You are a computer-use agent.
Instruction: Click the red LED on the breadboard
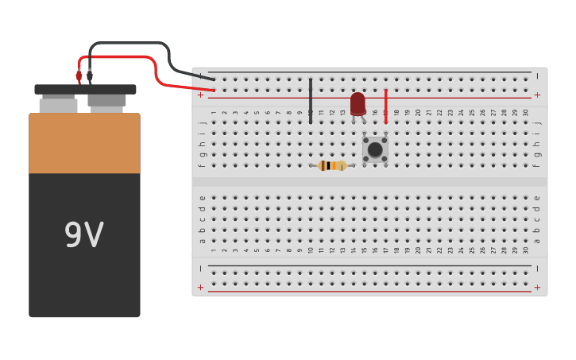click(x=358, y=103)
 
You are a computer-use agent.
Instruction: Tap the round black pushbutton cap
click(x=374, y=149)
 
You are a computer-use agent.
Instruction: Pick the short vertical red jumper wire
click(x=386, y=105)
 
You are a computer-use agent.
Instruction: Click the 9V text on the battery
click(x=83, y=235)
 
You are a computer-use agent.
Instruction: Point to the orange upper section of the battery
click(x=84, y=143)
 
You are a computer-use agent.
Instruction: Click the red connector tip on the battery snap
click(x=79, y=76)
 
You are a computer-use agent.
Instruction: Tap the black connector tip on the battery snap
click(x=89, y=76)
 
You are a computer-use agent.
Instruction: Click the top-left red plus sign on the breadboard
click(x=201, y=95)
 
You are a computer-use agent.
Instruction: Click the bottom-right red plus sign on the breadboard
click(x=537, y=287)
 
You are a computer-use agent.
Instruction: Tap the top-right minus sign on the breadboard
click(x=537, y=76)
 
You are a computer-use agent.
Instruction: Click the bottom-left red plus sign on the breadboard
click(x=201, y=287)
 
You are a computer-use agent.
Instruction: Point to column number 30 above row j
click(x=525, y=113)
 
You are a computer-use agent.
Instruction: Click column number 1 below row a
click(x=214, y=250)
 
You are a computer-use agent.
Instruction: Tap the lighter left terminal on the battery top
click(x=58, y=104)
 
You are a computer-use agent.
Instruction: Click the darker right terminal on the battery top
click(x=106, y=101)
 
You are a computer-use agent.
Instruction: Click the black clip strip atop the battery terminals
click(x=85, y=90)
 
